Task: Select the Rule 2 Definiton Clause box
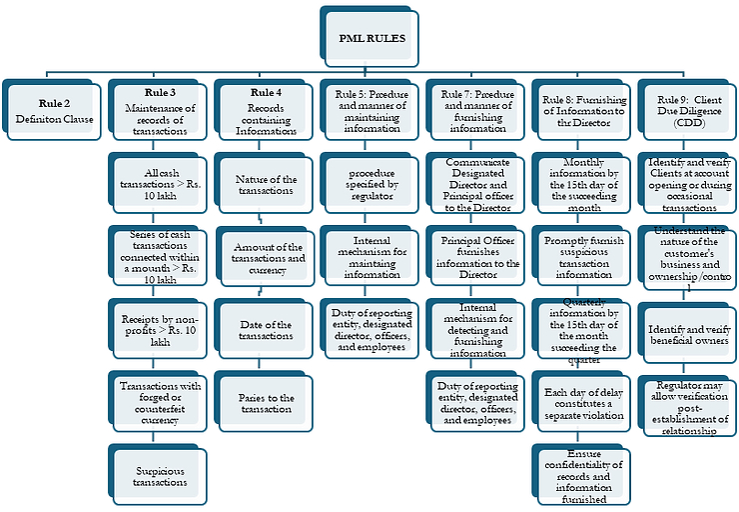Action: tap(52, 111)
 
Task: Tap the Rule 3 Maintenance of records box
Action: tap(157, 111)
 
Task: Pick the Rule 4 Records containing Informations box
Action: tap(265, 111)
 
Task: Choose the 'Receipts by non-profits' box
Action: tap(160, 325)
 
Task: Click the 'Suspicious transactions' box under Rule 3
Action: tap(160, 475)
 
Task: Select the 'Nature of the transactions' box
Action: tap(267, 184)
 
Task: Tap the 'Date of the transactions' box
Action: tap(267, 331)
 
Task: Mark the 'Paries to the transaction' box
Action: tap(267, 403)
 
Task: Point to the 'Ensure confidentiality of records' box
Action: tap(583, 475)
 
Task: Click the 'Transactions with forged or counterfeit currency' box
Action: tap(160, 400)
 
